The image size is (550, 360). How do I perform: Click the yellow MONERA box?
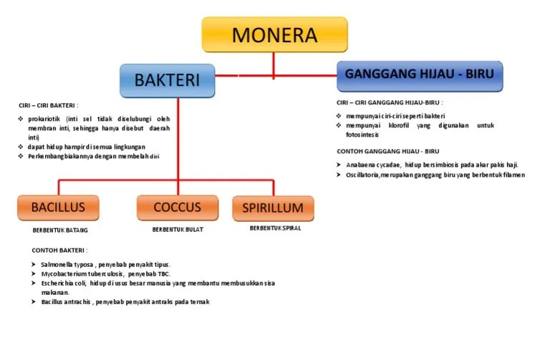point(274,34)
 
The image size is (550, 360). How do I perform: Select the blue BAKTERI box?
point(168,80)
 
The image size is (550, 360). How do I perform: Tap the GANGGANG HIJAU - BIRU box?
point(420,75)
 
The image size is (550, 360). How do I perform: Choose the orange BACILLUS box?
point(58,208)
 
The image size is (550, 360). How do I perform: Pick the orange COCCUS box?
point(177,208)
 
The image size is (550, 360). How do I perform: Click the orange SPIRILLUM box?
point(273,208)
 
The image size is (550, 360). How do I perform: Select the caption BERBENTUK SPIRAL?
point(275,229)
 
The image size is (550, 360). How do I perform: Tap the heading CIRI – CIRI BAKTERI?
point(49,105)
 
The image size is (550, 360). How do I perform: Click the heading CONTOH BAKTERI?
point(60,250)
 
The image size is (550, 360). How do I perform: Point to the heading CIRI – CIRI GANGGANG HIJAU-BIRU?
point(390,102)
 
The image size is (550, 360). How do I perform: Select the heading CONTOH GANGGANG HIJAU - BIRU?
point(387,151)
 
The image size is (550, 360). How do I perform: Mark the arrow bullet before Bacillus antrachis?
point(33,302)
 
